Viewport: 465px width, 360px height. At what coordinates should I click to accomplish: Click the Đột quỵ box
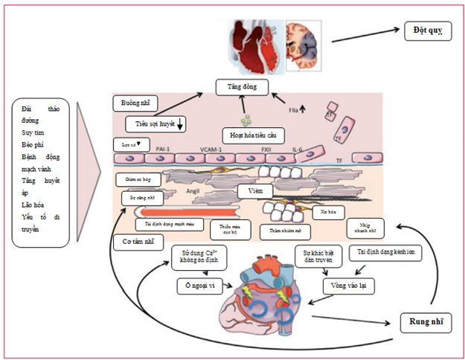pos(421,32)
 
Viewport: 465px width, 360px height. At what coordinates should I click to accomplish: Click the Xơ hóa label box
pos(324,212)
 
